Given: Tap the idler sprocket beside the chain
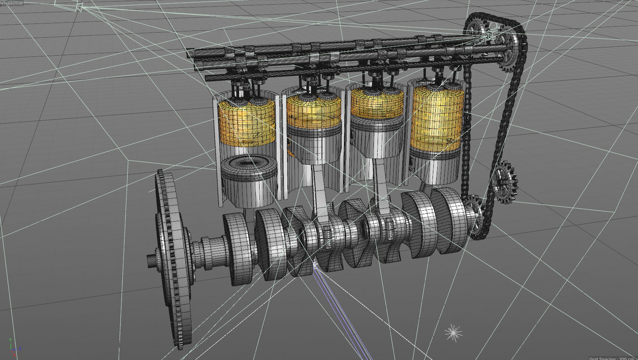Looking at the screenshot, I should (504, 182).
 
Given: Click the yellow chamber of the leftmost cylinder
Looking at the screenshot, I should (246, 121).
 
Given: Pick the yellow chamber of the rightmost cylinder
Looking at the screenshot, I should (437, 117).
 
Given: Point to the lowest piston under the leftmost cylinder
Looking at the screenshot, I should (249, 180).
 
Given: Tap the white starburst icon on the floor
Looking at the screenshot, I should (453, 333).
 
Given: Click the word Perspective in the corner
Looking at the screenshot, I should (11, 3).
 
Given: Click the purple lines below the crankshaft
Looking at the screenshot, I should (342, 315).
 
